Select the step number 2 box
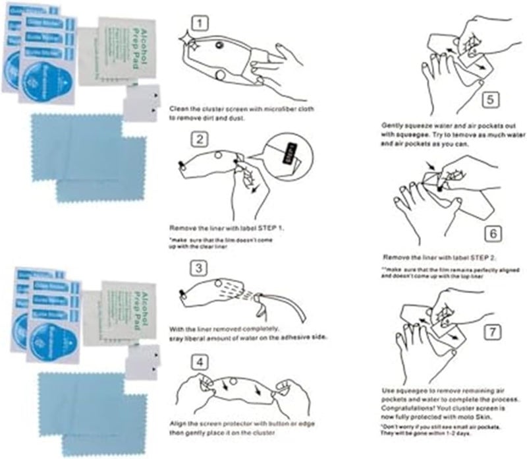coord(200,139)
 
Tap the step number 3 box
coord(200,268)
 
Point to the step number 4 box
coord(200,362)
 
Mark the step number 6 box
coord(490,233)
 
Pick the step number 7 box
coord(490,334)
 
